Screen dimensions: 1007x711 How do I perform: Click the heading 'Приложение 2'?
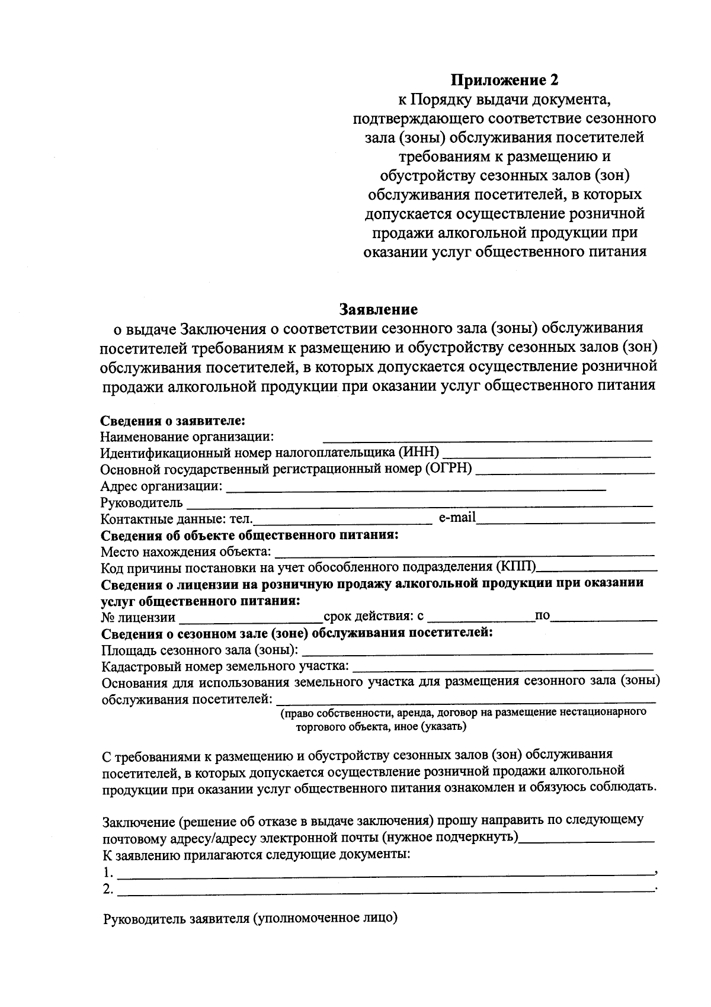505,79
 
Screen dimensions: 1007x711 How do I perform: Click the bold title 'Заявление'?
378,309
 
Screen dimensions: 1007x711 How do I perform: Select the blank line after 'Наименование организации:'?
487,440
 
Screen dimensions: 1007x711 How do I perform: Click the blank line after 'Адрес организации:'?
416,489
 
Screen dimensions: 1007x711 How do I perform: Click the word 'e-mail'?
457,518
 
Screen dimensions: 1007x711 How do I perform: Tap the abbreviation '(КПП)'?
516,567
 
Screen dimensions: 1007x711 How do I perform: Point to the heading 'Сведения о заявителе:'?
172,421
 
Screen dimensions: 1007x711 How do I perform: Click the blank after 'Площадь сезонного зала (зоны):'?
478,653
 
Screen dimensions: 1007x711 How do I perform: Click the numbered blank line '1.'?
385,874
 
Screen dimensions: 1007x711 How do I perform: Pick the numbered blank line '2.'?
385,890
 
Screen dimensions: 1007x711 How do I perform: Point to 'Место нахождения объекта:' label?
186,552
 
